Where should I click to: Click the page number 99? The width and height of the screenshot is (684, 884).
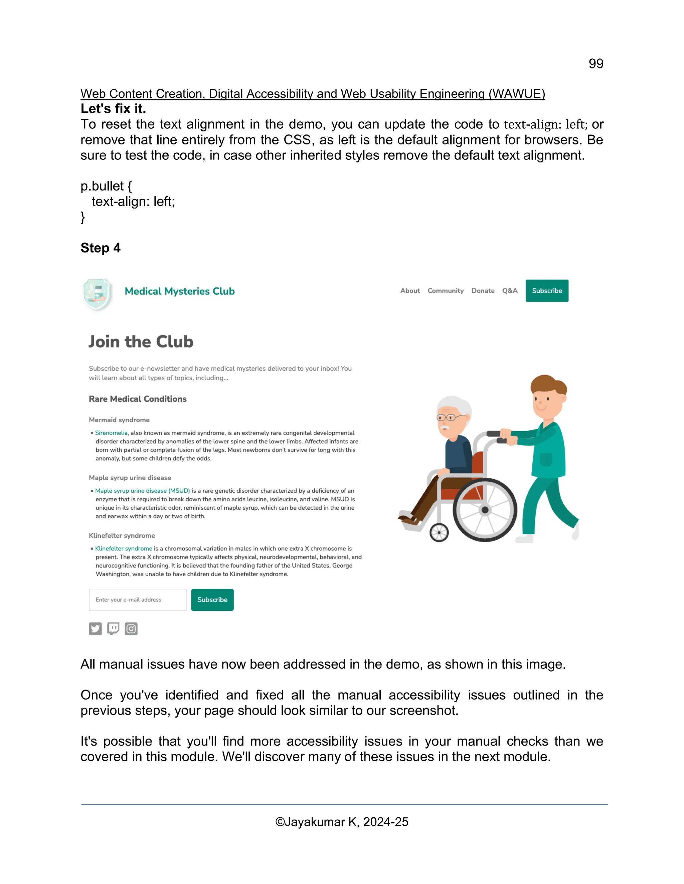point(596,63)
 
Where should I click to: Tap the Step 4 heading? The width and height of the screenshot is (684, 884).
point(101,248)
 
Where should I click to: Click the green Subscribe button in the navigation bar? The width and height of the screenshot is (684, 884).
point(547,291)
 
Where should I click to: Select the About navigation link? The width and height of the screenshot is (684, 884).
point(410,291)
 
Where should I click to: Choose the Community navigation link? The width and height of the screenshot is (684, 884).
point(445,291)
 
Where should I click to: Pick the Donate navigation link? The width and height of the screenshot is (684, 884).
point(483,291)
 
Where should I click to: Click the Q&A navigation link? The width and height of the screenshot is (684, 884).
point(510,291)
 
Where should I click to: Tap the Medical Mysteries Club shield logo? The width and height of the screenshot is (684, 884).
point(97,294)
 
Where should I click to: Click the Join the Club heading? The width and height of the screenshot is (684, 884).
point(141,342)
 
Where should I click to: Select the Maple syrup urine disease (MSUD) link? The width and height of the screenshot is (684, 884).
point(142,491)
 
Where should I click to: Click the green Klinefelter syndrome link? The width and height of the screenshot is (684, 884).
point(124,548)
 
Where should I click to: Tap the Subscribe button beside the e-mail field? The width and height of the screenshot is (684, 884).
point(212,599)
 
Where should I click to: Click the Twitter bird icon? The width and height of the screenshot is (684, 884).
point(95,628)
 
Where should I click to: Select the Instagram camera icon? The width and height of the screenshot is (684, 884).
point(131,628)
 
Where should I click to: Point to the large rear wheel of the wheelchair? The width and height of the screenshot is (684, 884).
point(485,510)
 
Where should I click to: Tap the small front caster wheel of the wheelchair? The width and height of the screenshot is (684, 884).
point(439,532)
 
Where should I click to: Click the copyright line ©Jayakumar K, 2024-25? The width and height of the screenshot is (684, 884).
point(342,822)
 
